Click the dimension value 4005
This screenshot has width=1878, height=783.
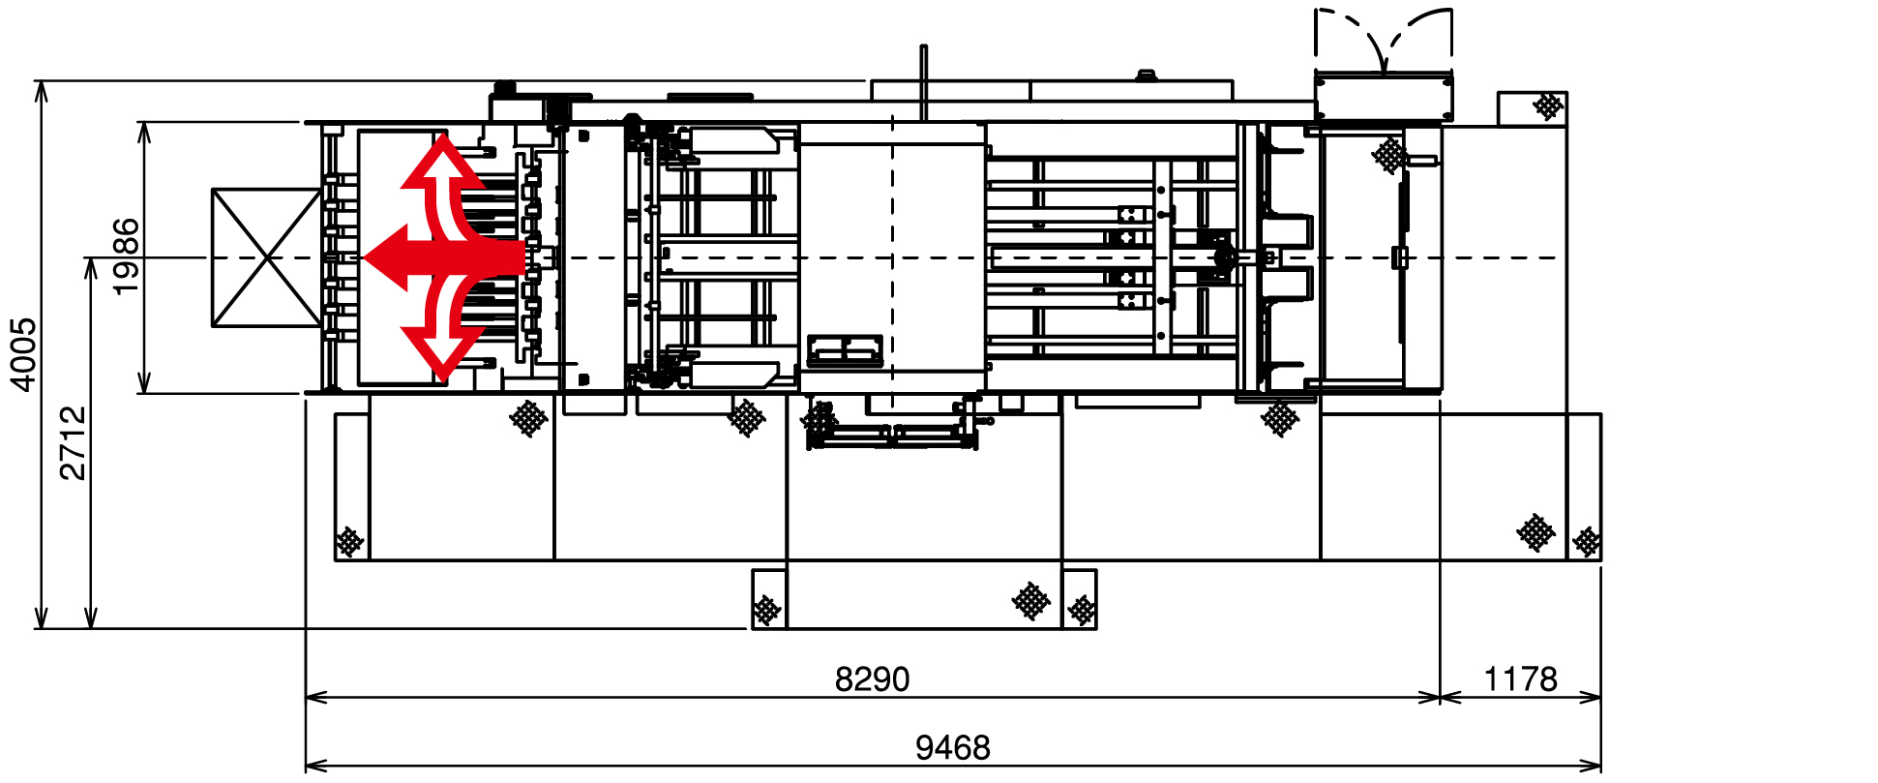[23, 354]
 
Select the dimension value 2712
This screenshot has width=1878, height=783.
[73, 443]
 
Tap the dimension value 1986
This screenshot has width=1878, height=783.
[125, 256]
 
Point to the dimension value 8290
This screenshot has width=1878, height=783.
[872, 679]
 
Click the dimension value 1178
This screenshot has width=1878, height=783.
[1520, 679]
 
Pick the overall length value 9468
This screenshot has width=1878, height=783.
[953, 747]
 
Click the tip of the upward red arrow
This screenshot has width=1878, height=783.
[442, 135]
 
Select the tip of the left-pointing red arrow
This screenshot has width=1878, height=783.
[362, 257]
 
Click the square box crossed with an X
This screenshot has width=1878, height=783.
[266, 257]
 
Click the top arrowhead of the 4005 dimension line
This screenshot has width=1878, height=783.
[41, 82]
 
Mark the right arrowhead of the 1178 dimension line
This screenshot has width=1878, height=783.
[1600, 696]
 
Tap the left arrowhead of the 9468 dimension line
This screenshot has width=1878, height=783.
[307, 765]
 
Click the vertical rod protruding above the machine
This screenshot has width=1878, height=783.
[924, 82]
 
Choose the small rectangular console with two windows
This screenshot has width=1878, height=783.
[845, 350]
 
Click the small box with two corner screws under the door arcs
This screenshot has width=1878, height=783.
[1384, 96]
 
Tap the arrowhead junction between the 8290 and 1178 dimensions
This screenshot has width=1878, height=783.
[1440, 696]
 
